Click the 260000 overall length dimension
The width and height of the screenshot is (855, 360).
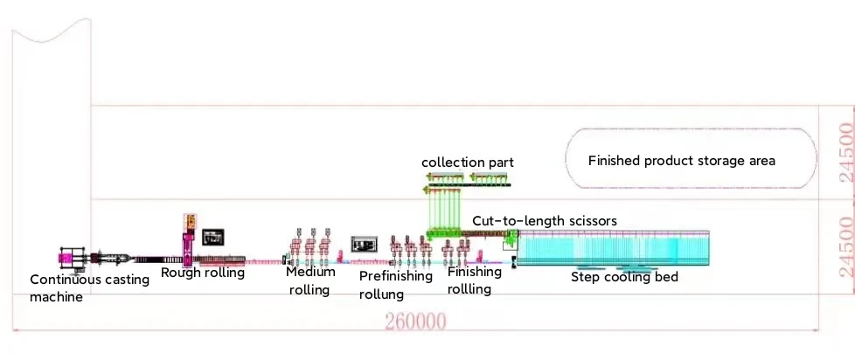[415, 322]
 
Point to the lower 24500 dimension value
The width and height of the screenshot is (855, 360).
[845, 247]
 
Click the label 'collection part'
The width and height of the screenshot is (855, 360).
[467, 163]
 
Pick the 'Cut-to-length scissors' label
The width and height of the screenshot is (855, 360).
[545, 221]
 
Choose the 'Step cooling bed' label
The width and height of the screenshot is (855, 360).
[624, 277]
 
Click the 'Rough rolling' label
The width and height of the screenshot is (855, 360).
[202, 273]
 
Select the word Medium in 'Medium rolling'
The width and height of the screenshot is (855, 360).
[310, 272]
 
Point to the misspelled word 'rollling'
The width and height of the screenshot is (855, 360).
[469, 288]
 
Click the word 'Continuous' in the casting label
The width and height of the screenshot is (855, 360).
[64, 280]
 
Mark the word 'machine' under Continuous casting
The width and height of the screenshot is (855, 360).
[56, 297]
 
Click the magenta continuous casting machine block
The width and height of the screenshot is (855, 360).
[68, 258]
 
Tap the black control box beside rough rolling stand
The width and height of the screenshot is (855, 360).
[213, 236]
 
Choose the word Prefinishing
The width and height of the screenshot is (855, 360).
[396, 276]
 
